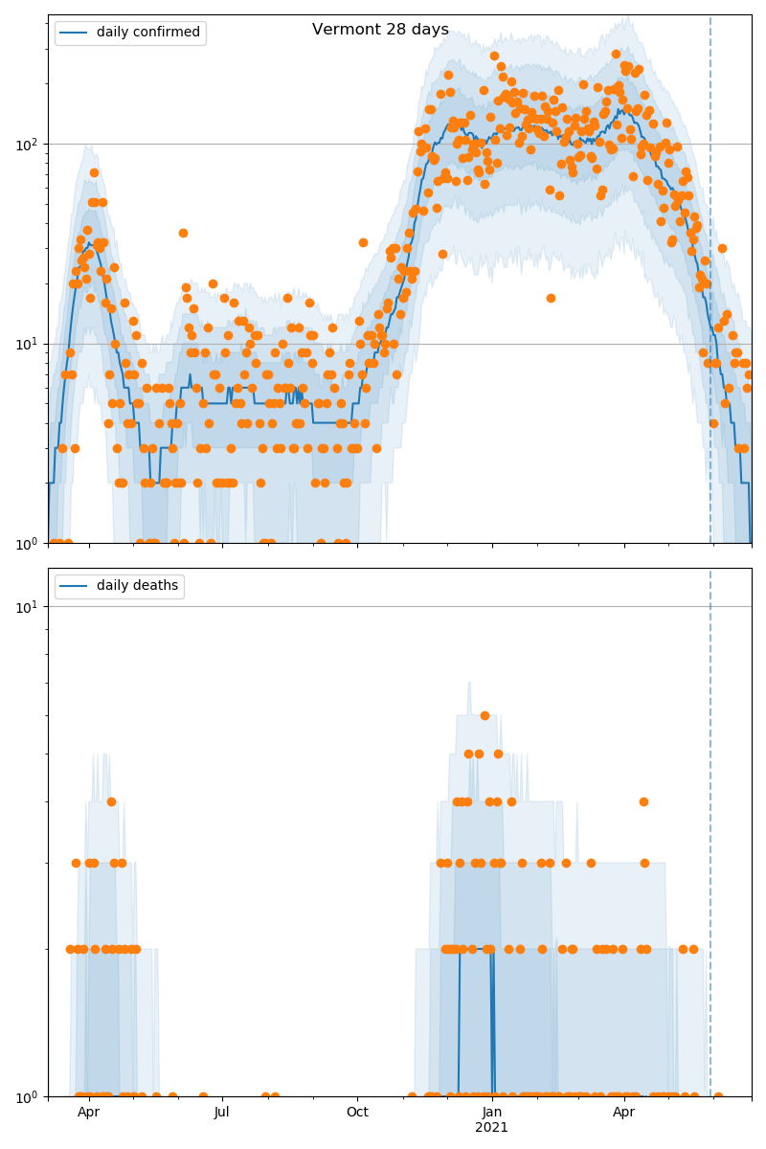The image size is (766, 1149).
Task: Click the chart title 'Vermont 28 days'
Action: pos(380,30)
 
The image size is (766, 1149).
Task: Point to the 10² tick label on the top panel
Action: pos(30,145)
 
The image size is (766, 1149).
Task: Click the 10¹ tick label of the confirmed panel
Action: pos(30,344)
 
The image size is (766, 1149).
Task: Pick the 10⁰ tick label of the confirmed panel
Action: pos(30,544)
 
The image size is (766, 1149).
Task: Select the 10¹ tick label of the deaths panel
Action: pos(30,606)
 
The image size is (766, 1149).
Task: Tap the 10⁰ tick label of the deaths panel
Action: pos(30,1096)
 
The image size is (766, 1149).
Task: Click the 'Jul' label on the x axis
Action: pos(222,1113)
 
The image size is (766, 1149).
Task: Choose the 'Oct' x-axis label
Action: pos(357,1113)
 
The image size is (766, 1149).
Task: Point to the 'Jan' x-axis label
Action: pos(492,1113)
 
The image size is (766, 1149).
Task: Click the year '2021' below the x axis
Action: pos(492,1128)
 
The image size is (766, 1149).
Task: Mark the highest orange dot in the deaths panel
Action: pos(484,715)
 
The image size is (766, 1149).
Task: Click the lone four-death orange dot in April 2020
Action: pos(111,801)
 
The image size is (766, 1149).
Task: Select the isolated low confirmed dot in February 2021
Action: pos(551,298)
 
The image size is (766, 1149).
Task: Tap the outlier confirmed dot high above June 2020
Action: pos(183,233)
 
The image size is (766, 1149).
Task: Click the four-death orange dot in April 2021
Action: pos(643,801)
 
